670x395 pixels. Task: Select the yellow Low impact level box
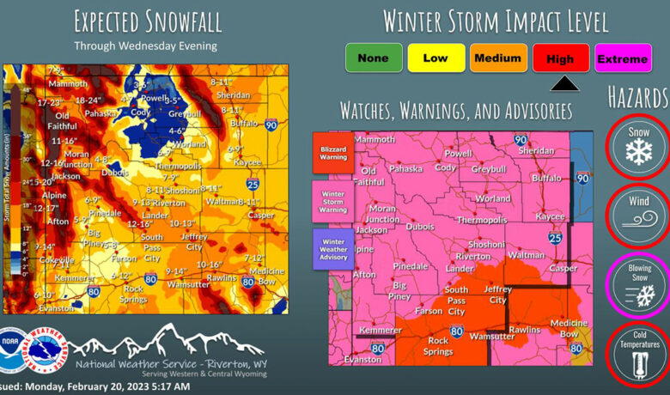[x=435, y=58]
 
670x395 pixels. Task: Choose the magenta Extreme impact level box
[x=622, y=58]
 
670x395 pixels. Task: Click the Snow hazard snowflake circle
[x=638, y=144]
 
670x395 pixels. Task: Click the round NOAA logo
[x=15, y=350]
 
